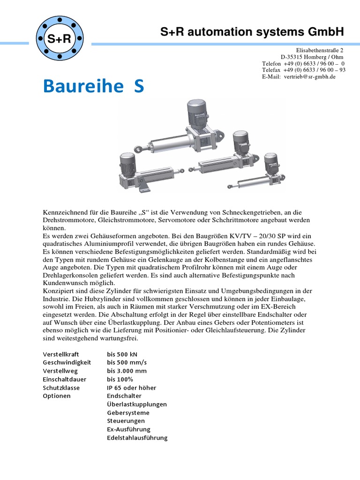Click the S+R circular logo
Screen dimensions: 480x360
point(60,39)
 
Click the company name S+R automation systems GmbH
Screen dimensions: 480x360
point(252,31)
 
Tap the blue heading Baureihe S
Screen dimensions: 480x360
point(93,86)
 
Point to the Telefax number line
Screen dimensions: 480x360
point(304,70)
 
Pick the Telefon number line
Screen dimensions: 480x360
point(304,63)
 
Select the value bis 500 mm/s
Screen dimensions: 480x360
point(126,362)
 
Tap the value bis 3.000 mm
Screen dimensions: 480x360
point(126,371)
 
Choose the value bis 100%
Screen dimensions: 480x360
point(120,379)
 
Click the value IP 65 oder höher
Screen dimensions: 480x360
point(131,388)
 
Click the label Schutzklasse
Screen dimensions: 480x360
point(61,388)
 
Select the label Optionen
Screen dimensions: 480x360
point(57,396)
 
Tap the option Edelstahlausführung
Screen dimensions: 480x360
point(137,438)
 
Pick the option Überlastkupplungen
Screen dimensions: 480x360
point(137,404)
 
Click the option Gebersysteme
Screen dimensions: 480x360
point(128,412)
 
